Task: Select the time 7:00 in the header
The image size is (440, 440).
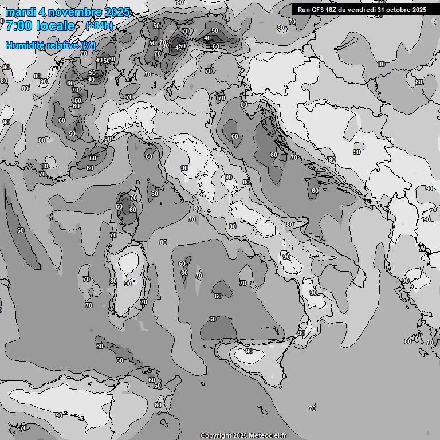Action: click(18, 26)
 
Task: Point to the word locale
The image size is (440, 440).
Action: click(55, 26)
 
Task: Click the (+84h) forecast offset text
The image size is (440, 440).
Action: click(99, 26)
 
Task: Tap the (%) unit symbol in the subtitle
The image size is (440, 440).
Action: click(88, 45)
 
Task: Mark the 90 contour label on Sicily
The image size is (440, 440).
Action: click(249, 351)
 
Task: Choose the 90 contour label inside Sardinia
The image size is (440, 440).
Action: click(128, 283)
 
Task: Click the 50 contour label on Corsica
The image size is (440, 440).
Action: click(119, 207)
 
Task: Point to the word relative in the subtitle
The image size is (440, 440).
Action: click(61, 45)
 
